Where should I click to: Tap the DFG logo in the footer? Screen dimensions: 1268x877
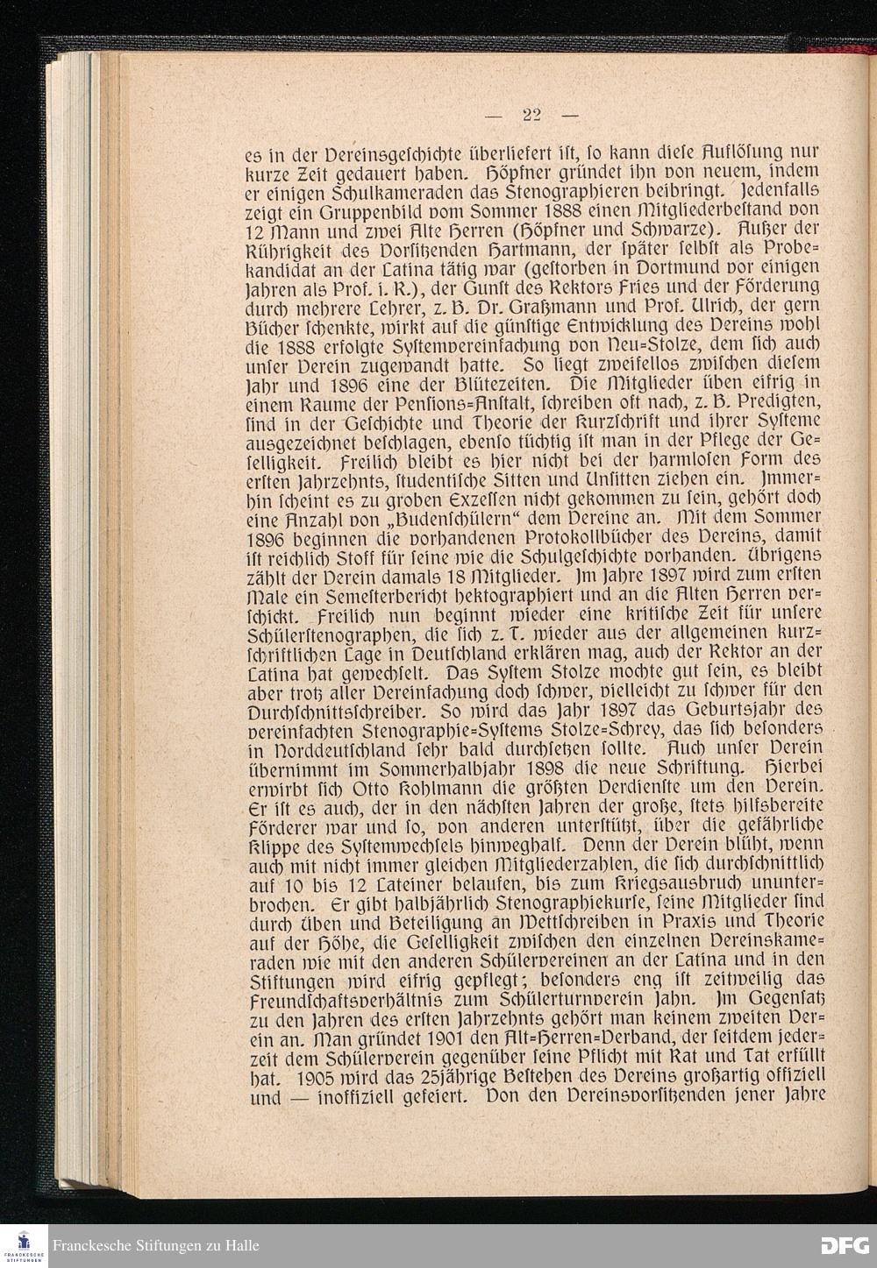coord(844,1245)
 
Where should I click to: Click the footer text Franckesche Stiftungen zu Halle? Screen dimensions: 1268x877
coord(155,1245)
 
